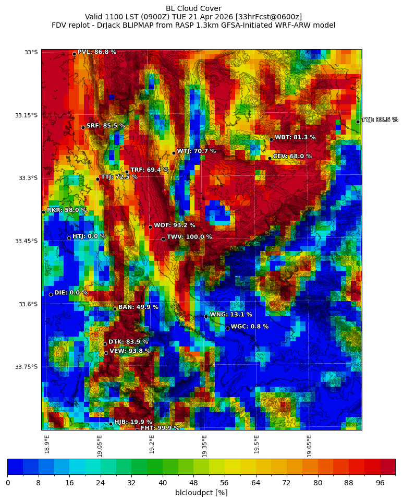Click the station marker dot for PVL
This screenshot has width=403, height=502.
74,54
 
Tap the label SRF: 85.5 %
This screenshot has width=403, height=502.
105,126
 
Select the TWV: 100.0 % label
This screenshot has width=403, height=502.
189,237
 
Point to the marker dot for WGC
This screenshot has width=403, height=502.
227,328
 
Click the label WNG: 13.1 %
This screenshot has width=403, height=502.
230,315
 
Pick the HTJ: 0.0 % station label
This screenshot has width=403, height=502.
89,236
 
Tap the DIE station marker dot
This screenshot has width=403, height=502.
51,294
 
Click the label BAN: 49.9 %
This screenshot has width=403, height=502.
138,307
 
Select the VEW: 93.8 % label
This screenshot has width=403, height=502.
130,351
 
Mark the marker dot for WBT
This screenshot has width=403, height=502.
271,139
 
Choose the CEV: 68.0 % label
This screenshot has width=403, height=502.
292,157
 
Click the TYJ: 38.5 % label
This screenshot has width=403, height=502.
380,120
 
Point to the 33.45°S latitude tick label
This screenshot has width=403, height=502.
26,241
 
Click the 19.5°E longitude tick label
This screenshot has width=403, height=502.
257,445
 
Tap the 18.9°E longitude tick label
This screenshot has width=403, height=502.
47,445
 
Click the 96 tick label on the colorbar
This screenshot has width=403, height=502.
380,483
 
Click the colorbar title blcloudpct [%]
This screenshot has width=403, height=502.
201,493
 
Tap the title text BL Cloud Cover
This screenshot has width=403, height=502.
193,8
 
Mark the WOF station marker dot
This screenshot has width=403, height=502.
150,227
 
